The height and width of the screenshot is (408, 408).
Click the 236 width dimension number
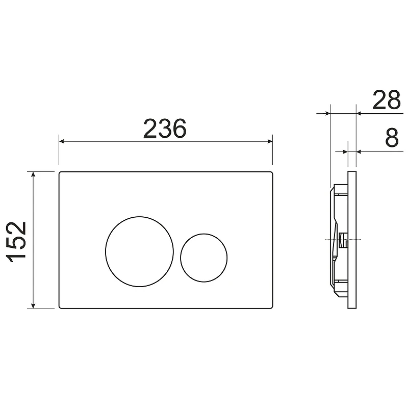coord(165,129)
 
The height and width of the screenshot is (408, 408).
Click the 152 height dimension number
coord(16,242)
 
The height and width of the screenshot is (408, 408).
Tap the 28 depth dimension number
coord(387,99)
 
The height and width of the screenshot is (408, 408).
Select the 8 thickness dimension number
coord(392,137)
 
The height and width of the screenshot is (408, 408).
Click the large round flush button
coord(139,251)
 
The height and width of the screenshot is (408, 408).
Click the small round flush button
coord(203,258)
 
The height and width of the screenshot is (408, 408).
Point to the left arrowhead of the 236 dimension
coord(62,141)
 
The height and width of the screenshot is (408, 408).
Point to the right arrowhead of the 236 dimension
coord(270,141)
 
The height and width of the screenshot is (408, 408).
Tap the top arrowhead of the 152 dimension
coord(33,174)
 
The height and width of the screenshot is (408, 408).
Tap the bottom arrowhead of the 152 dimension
coord(33,305)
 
